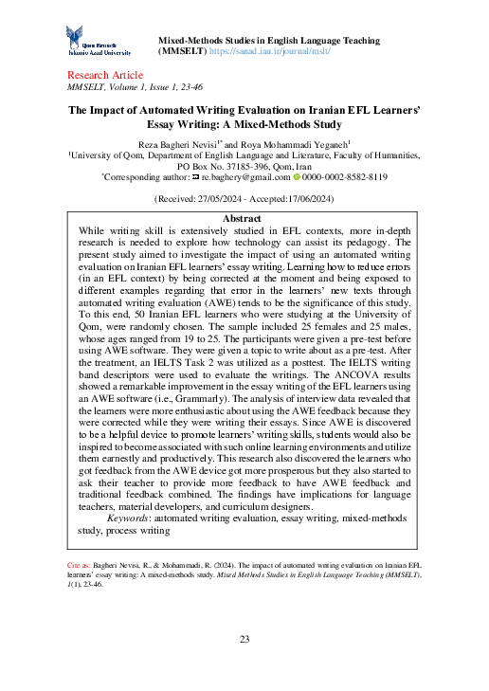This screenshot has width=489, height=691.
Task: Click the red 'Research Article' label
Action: (104, 75)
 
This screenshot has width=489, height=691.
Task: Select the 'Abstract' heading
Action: (240, 218)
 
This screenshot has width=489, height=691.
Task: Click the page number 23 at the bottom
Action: (244, 639)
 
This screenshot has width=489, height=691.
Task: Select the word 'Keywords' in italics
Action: (134, 518)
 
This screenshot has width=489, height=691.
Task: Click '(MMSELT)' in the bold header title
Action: (182, 53)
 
